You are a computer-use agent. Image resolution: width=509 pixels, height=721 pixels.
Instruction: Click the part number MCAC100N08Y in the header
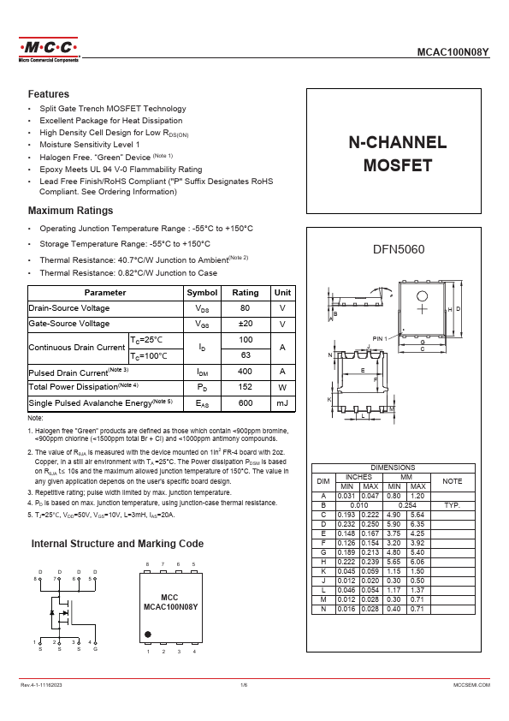(453, 52)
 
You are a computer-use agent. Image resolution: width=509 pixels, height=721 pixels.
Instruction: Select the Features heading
(49, 94)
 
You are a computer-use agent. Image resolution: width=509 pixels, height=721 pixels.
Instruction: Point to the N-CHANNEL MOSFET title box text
(397, 153)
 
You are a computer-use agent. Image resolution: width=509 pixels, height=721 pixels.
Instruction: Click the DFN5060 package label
(398, 249)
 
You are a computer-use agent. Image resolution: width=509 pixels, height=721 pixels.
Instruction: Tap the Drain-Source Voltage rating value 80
(246, 308)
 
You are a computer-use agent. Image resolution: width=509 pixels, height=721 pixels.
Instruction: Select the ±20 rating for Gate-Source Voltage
(246, 324)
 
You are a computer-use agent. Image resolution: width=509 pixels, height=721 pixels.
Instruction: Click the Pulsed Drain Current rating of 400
(246, 372)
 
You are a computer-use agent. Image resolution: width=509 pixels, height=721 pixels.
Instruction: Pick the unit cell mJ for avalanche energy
(282, 402)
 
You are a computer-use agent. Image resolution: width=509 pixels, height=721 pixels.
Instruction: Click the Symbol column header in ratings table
(202, 292)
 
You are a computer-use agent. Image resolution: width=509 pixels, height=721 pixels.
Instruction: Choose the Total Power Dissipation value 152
(246, 387)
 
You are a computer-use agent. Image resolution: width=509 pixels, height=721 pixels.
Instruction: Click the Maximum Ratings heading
(70, 211)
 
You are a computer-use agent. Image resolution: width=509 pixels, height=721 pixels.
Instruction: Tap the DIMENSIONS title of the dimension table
(393, 468)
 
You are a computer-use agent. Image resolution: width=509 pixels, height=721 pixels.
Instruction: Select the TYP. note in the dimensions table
(452, 505)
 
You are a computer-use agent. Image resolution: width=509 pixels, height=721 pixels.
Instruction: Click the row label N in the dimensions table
(323, 609)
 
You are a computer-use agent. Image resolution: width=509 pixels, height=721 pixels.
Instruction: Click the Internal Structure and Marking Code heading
(117, 544)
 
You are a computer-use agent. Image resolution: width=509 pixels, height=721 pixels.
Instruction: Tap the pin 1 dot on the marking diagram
(148, 635)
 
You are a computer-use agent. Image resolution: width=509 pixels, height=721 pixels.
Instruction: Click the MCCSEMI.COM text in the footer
(471, 686)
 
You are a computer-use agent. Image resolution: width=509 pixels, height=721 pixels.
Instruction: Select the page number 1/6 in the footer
(243, 686)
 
